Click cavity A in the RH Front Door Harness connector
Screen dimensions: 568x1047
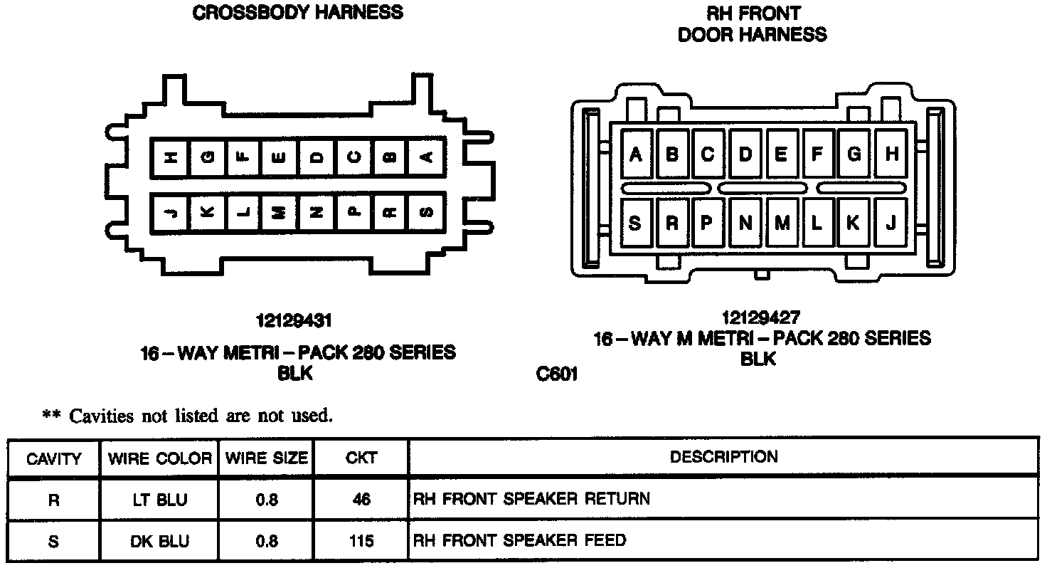pos(636,154)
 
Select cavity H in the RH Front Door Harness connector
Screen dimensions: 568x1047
pos(892,154)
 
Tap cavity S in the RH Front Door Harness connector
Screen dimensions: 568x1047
pos(635,223)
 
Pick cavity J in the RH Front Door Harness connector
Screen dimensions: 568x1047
pos(891,223)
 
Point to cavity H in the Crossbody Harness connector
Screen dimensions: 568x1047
pos(171,158)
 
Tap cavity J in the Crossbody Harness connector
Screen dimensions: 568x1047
pos(171,211)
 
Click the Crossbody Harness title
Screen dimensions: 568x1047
pos(298,12)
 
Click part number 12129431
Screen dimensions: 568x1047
pos(294,321)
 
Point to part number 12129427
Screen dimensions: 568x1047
pos(760,317)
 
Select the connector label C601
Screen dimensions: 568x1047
pos(557,374)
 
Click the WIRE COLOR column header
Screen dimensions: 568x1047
pos(160,458)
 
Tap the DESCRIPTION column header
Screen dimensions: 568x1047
pos(724,456)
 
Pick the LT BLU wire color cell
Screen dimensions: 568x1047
pos(159,500)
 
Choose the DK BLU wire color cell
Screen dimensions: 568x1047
pos(159,542)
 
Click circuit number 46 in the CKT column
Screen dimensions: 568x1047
pos(361,500)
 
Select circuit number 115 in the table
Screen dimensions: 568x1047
pos(361,542)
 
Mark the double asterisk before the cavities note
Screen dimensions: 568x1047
pos(52,416)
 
